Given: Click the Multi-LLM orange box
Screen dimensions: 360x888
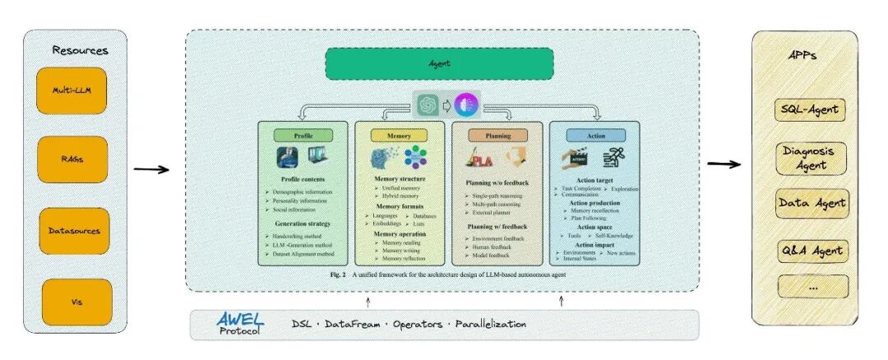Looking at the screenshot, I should point(72,90).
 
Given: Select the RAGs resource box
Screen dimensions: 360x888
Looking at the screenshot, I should point(72,159).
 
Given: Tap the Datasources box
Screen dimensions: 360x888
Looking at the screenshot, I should point(72,231).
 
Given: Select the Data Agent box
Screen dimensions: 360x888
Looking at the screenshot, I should point(812,203).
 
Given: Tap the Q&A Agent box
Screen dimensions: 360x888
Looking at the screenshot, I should point(812,251).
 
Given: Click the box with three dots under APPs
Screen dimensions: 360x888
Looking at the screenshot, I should point(812,286).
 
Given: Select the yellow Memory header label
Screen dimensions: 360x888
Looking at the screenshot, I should point(402,135).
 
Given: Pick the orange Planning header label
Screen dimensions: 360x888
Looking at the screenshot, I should point(498,135).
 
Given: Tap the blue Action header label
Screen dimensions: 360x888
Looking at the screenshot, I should point(596,135).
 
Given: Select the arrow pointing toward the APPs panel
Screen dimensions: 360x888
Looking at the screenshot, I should point(724,164).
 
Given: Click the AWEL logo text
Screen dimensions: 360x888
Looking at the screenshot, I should point(238,319).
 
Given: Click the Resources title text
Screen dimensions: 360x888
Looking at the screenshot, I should point(80,50).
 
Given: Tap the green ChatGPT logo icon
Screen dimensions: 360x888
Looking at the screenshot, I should point(426,104).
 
